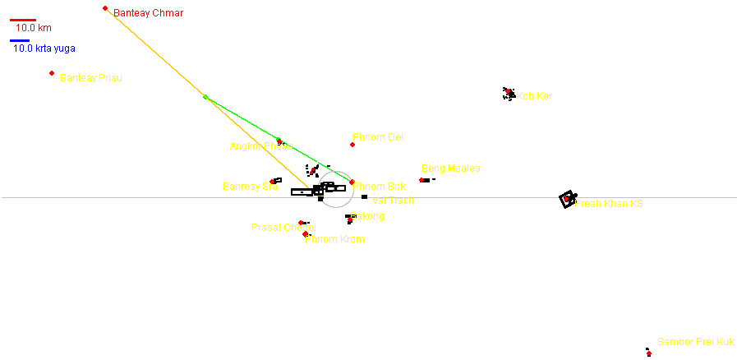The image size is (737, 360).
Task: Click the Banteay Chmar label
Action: click(x=148, y=13)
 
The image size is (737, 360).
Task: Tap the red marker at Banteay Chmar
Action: click(x=105, y=8)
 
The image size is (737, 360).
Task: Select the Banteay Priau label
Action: click(x=96, y=78)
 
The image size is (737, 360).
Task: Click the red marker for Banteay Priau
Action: click(x=52, y=73)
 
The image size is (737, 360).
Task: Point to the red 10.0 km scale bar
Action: click(x=23, y=20)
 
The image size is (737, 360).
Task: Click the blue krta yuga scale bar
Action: click(x=20, y=40)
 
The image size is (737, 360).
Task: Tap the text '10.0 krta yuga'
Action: click(x=44, y=49)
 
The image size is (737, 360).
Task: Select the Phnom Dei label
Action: click(x=378, y=137)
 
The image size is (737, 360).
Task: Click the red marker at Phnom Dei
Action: click(x=352, y=145)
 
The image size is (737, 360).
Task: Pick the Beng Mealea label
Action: click(x=450, y=169)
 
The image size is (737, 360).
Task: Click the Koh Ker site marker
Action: click(x=509, y=92)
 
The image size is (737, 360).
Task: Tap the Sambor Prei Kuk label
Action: click(x=695, y=342)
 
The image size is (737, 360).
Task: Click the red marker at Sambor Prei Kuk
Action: click(x=649, y=353)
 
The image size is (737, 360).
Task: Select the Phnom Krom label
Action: click(x=334, y=240)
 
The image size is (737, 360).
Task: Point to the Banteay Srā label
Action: click(x=250, y=187)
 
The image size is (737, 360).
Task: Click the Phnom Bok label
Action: click(x=380, y=187)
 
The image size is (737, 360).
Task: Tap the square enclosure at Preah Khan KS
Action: click(x=567, y=198)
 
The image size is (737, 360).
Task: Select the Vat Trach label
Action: click(x=394, y=201)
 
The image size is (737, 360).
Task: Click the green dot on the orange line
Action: click(x=205, y=97)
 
